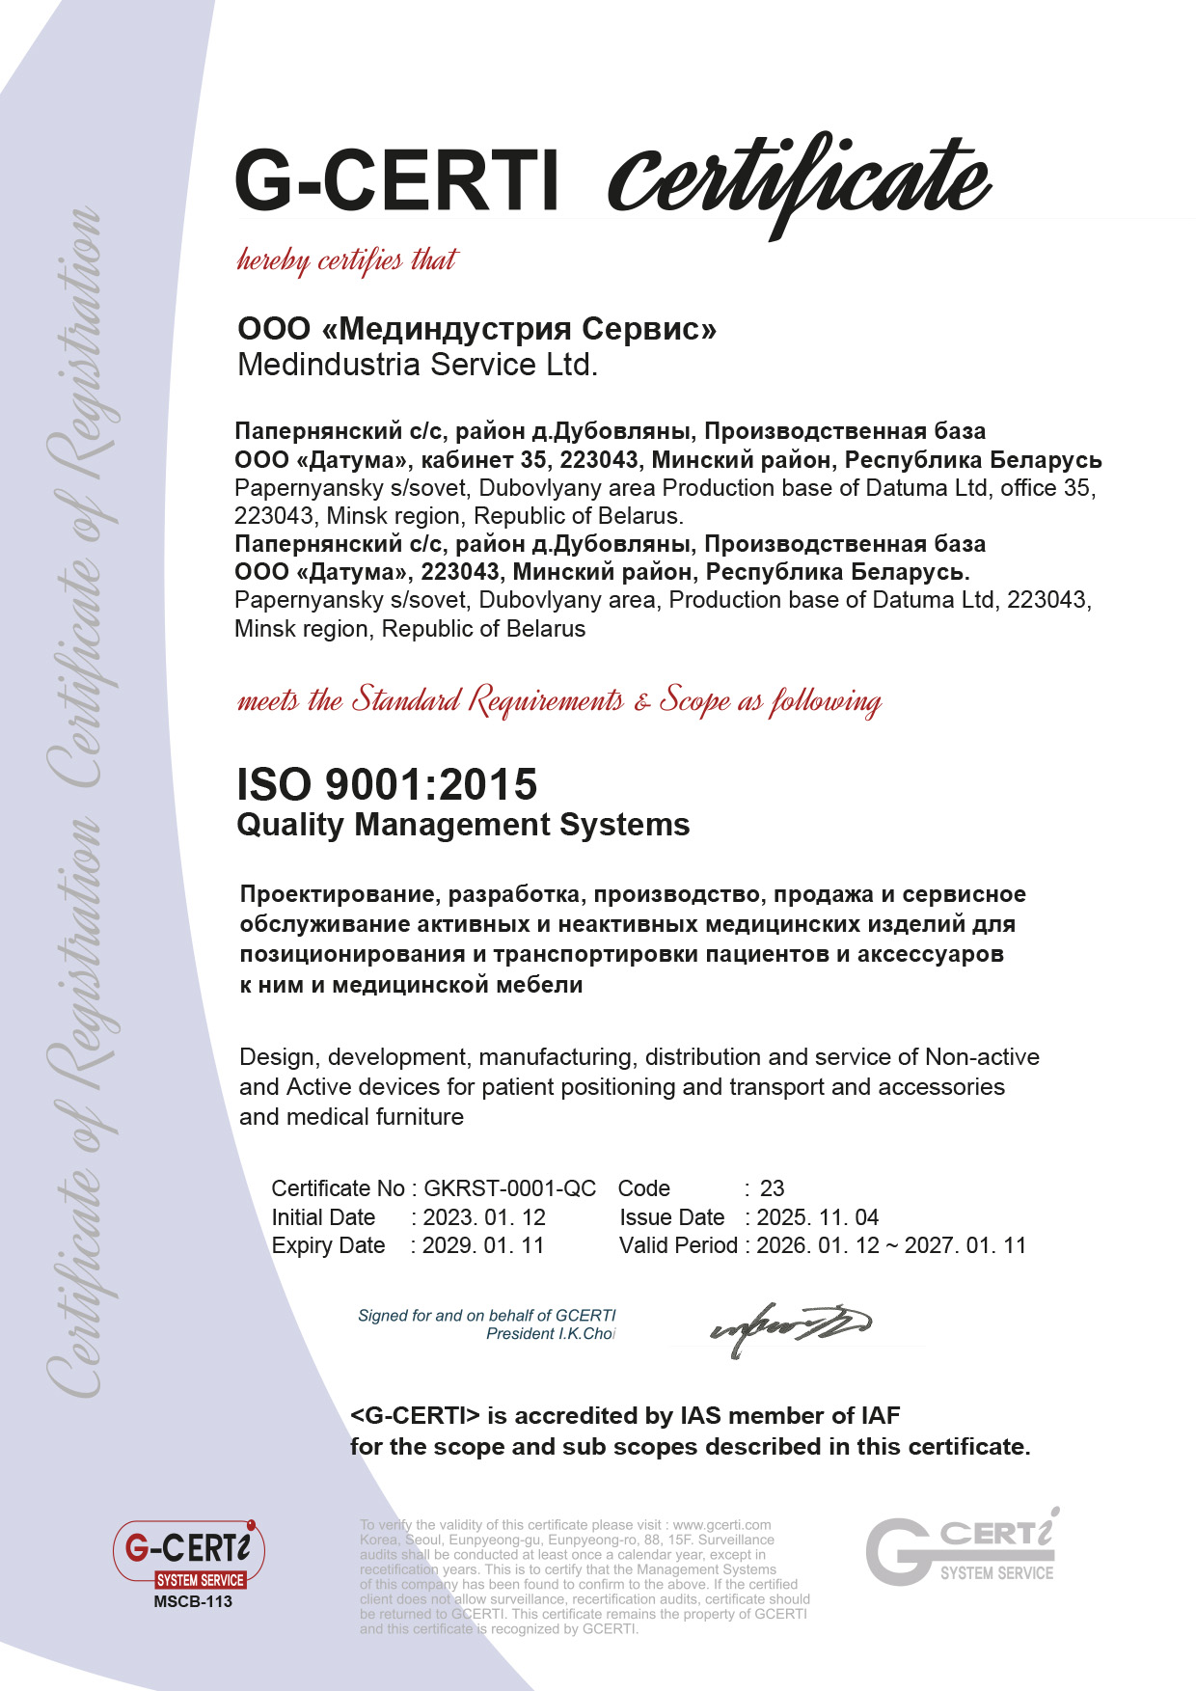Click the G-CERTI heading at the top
coord(397,180)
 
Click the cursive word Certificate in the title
coord(799,180)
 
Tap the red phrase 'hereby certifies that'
coord(347,260)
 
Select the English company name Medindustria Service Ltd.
coord(418,365)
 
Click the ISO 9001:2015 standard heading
coord(387,784)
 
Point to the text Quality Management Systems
coord(463,825)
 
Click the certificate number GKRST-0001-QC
coord(510,1188)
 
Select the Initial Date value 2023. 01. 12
coord(484,1217)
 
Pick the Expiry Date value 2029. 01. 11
coord(483,1245)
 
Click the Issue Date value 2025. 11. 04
coord(818,1217)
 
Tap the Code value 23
coord(773,1188)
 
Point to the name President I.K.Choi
coord(550,1334)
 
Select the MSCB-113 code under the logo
coord(193,1602)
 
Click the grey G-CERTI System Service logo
coord(961,1549)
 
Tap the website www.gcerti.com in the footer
coord(721,1525)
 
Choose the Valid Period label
coord(678,1245)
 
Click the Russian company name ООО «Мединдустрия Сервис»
coord(476,329)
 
